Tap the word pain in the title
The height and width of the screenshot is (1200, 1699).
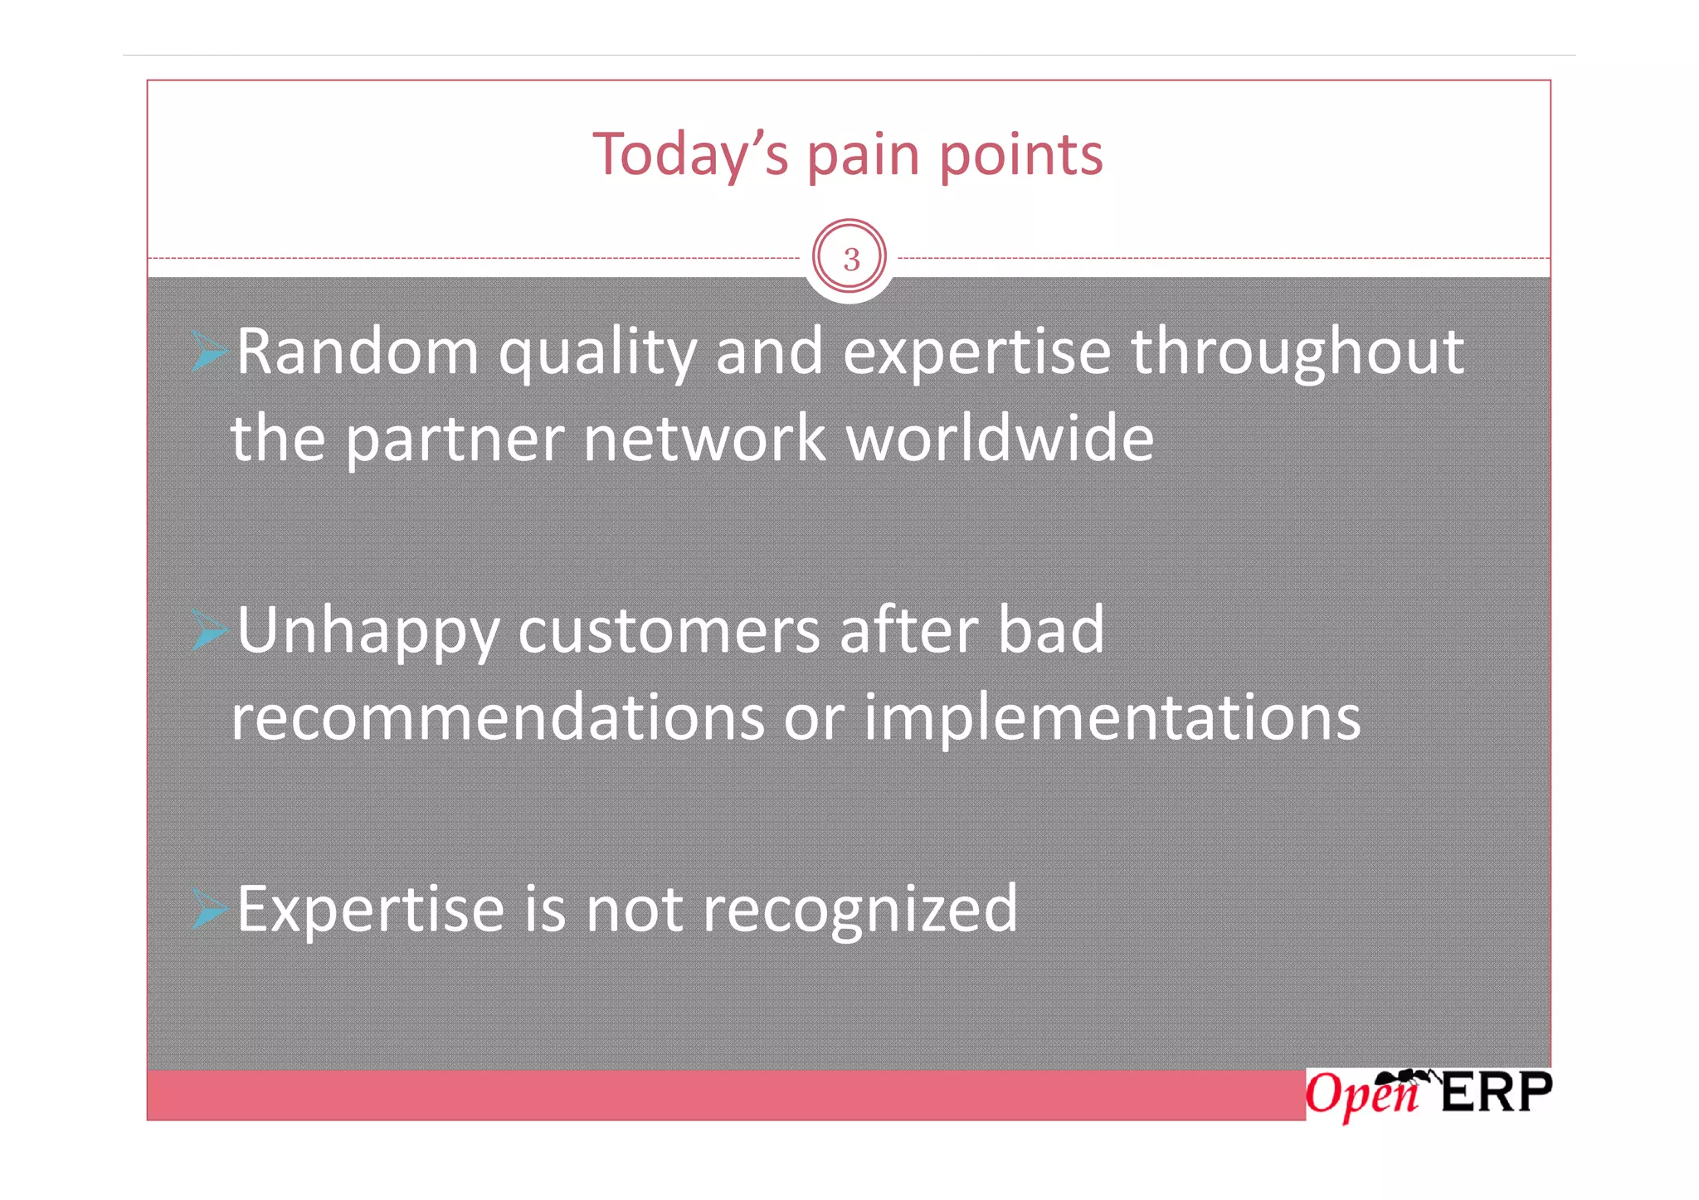point(863,156)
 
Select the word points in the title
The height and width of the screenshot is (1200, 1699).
point(1021,156)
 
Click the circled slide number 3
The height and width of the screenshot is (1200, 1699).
point(849,259)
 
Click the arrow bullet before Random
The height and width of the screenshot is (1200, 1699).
point(208,351)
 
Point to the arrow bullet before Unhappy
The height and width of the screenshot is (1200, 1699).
point(208,630)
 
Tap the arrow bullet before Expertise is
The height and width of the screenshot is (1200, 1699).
point(208,908)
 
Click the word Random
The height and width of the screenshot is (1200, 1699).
point(358,352)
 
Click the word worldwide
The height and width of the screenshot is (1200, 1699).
point(1000,439)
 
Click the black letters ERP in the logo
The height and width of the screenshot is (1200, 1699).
point(1496,1092)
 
